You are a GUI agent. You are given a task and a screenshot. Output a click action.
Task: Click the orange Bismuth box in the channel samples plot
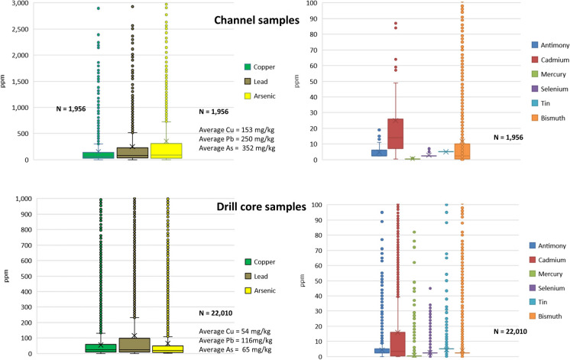(462, 151)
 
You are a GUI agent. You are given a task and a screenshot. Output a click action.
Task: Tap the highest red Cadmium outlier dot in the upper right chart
(395, 24)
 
